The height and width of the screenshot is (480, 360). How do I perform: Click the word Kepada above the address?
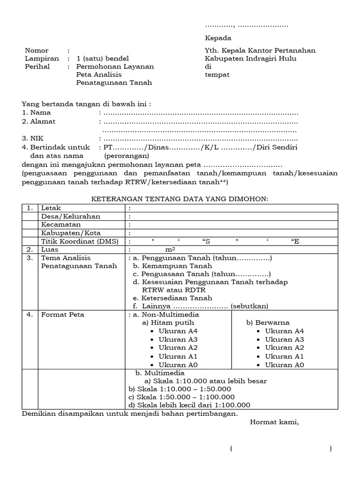pos(218,38)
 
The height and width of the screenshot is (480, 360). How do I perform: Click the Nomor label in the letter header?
pos(37,51)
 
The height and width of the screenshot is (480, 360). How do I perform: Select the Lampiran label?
pos(42,59)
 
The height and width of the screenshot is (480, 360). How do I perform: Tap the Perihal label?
pos(37,67)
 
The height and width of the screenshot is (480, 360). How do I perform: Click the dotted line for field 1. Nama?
pos(201,113)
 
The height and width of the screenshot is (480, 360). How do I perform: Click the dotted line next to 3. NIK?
pos(201,139)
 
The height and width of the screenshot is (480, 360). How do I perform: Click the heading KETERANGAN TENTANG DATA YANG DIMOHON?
pos(180,199)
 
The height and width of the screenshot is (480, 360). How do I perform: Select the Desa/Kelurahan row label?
pos(70,217)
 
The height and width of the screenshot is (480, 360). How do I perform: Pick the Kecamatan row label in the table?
pos(60,225)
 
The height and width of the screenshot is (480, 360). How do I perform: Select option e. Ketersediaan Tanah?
pos(172,298)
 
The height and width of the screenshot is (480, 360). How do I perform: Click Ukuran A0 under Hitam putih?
pos(178,365)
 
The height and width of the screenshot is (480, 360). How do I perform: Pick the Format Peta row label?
pos(63,315)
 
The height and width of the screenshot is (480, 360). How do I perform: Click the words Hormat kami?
pos(274,422)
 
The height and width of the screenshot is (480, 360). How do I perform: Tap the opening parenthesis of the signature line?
pos(232,449)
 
